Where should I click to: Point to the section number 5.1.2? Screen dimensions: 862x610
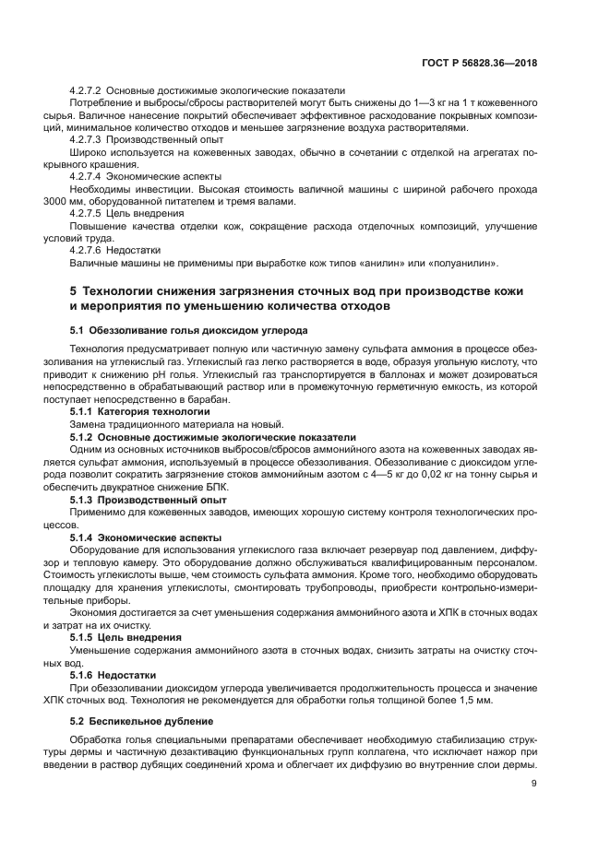[x=84, y=436]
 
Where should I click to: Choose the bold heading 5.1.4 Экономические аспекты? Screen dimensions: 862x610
[x=139, y=536]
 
